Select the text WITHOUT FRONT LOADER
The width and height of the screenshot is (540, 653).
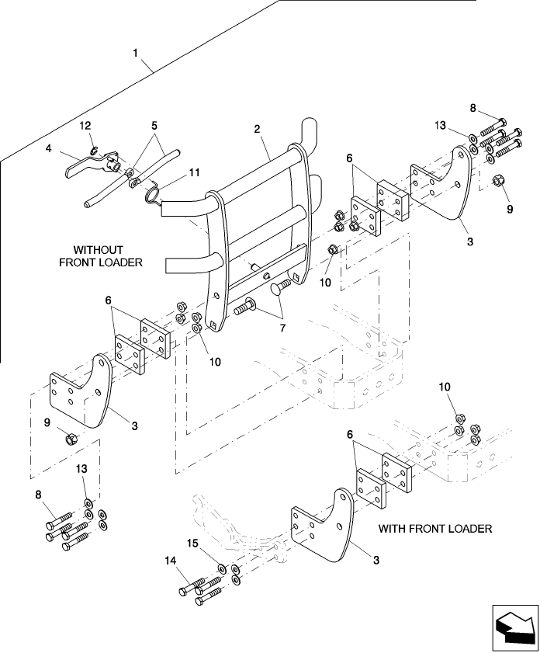point(101,256)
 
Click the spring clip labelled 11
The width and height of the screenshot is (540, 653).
point(155,193)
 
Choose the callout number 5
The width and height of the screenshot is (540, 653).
point(154,124)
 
